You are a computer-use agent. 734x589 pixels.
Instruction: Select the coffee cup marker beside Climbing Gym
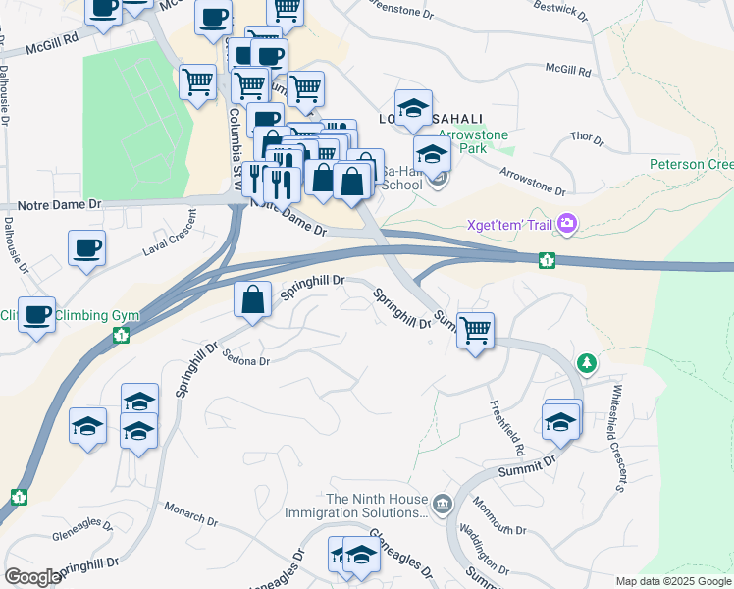click(x=37, y=314)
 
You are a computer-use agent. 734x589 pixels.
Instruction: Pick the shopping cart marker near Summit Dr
click(x=475, y=331)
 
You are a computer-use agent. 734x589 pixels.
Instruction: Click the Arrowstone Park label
click(x=462, y=140)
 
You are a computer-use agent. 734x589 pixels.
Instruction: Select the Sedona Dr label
click(x=245, y=360)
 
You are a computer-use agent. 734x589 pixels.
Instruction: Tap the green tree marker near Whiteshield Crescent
click(x=587, y=364)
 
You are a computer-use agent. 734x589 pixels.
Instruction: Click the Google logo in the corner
click(x=32, y=577)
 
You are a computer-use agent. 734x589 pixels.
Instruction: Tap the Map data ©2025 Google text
click(x=672, y=581)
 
